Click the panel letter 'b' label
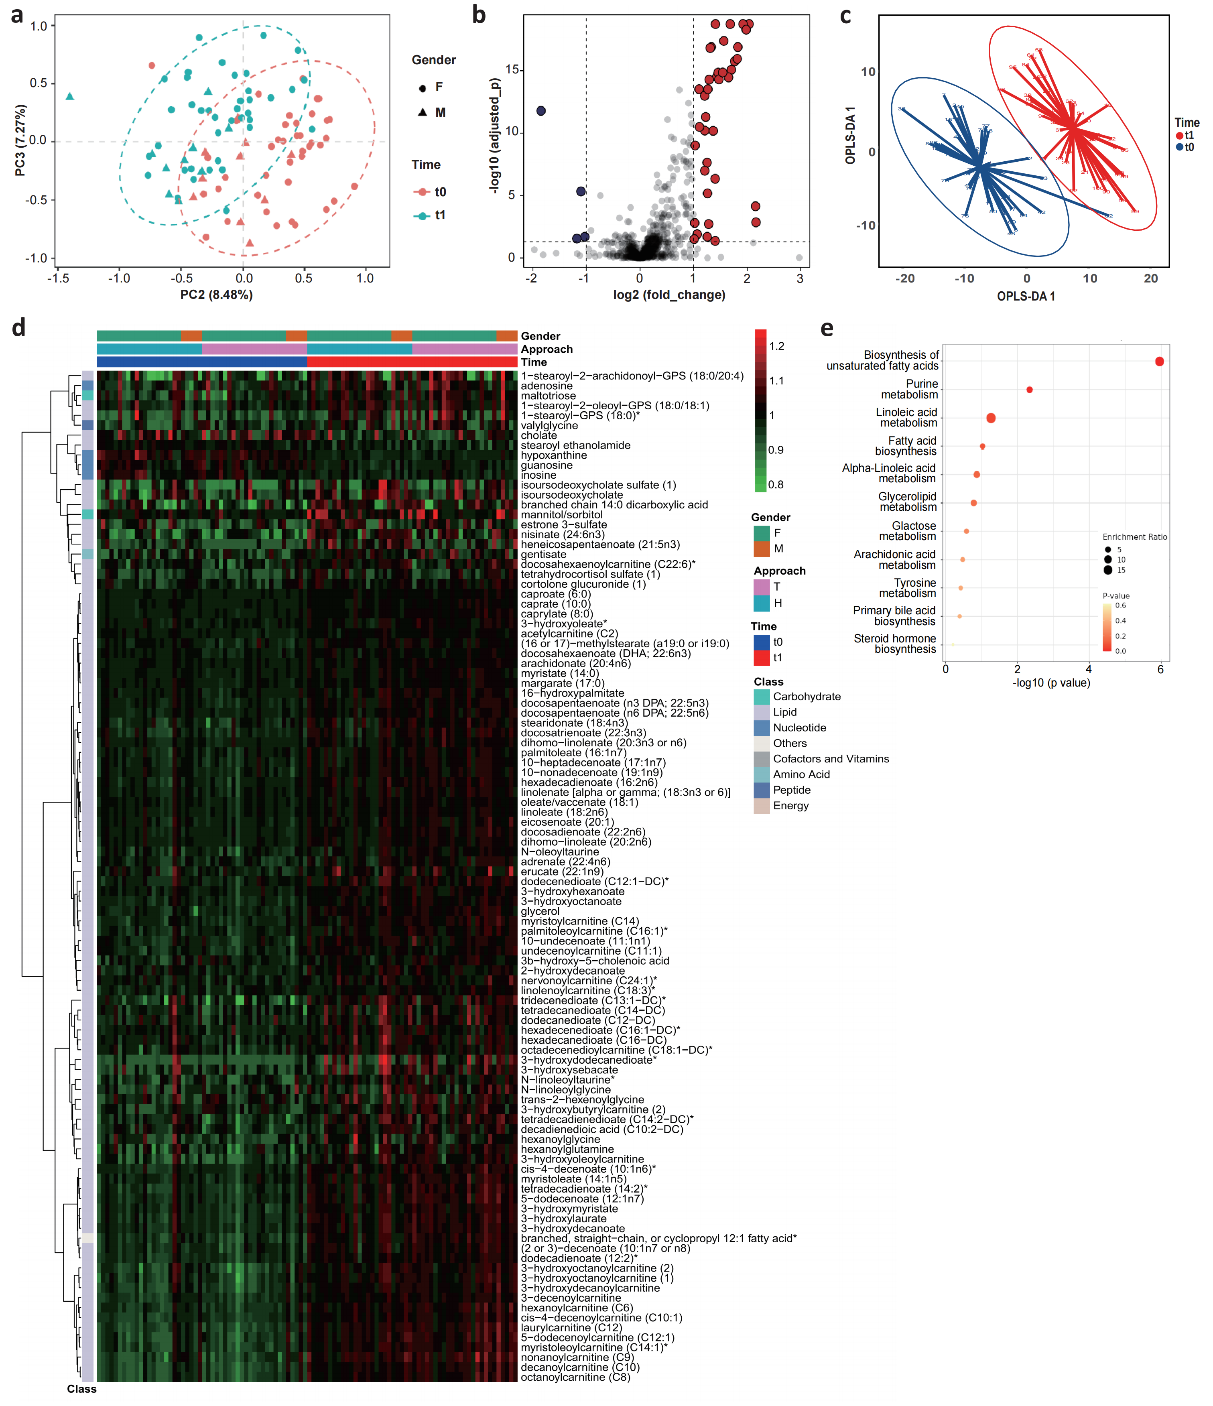(x=479, y=15)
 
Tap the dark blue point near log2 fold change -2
(x=541, y=111)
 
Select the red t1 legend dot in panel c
(x=1180, y=136)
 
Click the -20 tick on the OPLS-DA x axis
(x=904, y=278)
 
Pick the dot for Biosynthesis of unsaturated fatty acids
(x=1159, y=362)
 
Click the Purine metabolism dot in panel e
(x=1030, y=390)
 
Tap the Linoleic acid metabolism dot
(x=991, y=418)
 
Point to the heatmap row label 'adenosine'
(x=547, y=386)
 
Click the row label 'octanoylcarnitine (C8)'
(x=575, y=1377)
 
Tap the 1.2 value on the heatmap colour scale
(x=777, y=346)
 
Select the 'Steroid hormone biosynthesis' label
(x=895, y=644)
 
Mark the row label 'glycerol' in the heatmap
(x=540, y=911)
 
